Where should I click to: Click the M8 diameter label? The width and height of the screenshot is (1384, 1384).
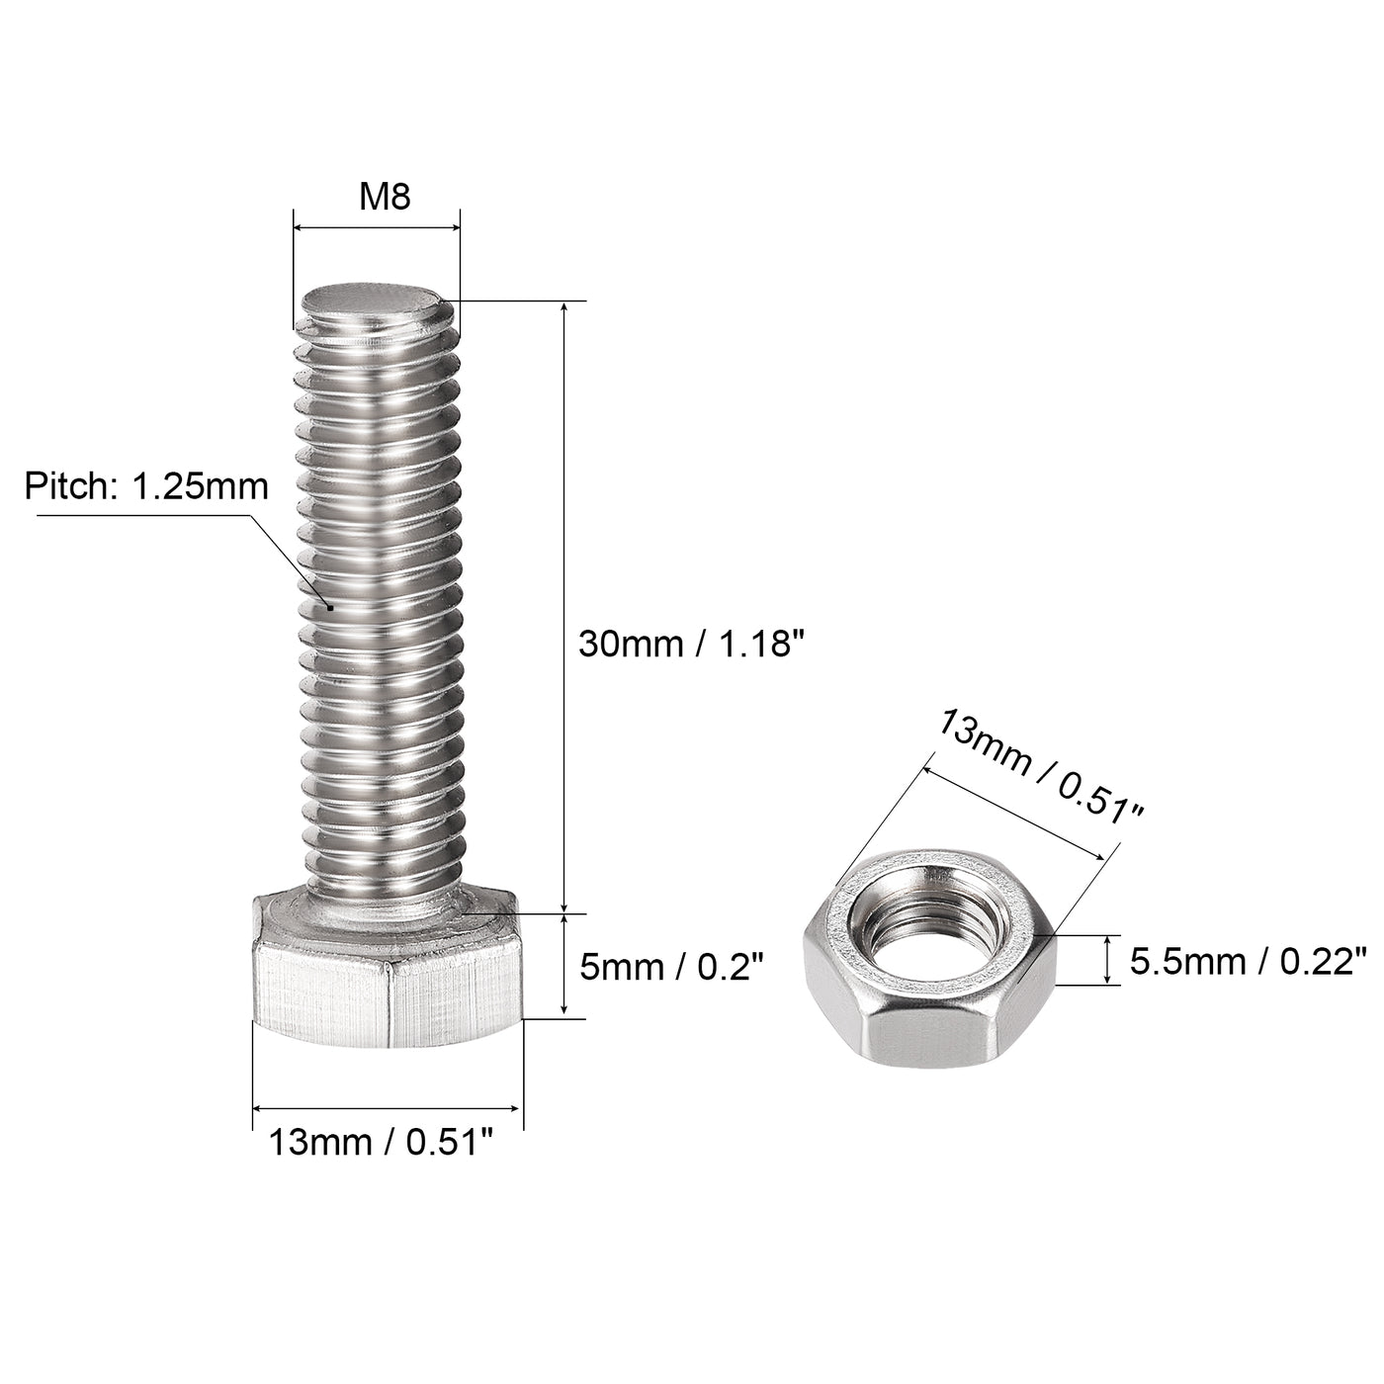[384, 198]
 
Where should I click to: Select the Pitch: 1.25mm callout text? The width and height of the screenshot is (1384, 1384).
[146, 486]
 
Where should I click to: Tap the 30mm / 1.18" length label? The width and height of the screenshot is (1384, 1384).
[686, 645]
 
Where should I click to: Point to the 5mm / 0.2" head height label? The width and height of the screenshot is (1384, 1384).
[672, 967]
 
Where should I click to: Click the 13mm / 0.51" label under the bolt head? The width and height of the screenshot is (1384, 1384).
[381, 1143]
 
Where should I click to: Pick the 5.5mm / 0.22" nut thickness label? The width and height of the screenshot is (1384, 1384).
[1249, 961]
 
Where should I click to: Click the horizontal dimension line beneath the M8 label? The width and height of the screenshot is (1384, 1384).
[376, 228]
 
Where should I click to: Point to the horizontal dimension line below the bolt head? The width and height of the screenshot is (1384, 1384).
[388, 1108]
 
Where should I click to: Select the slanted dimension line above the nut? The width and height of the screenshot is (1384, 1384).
[1013, 810]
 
